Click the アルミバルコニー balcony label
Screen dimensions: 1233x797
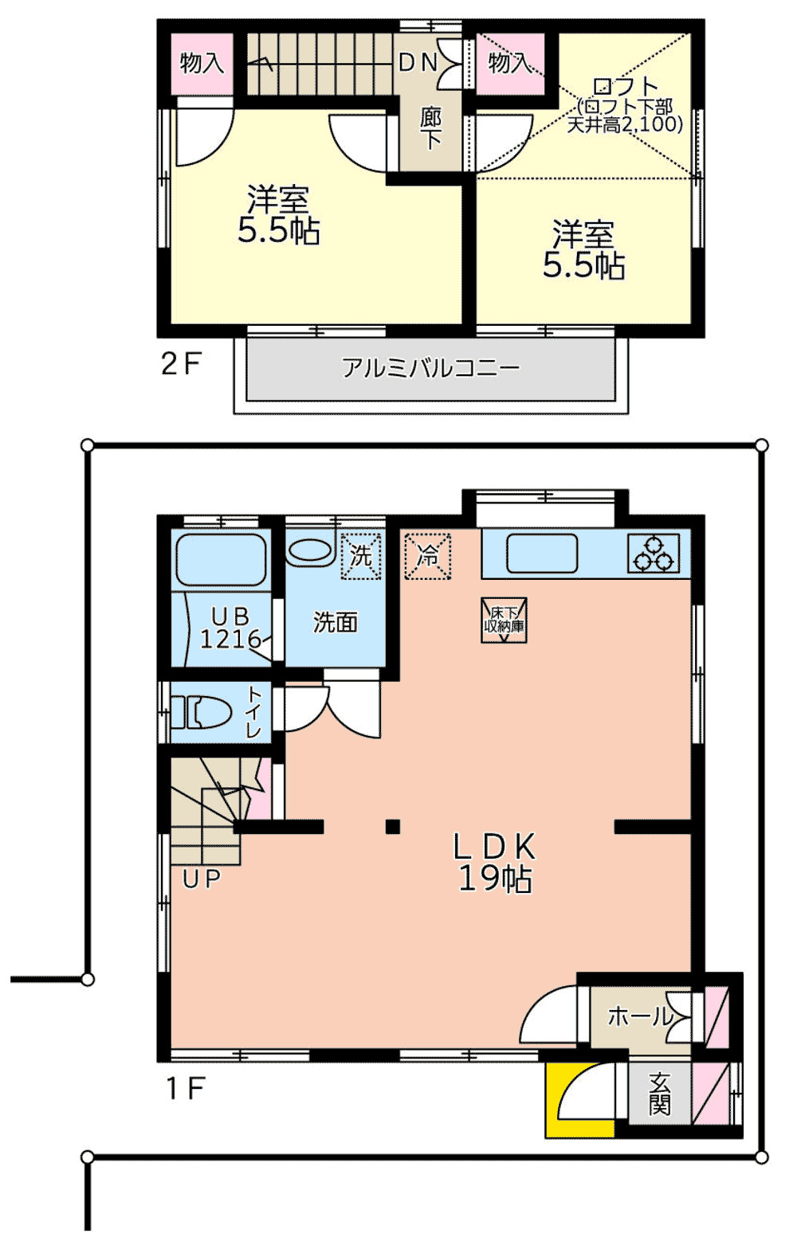coord(430,367)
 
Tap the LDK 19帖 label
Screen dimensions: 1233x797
coord(494,862)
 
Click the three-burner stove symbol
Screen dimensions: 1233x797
coord(653,554)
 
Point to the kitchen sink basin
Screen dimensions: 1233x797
coord(541,554)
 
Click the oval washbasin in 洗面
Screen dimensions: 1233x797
coord(310,551)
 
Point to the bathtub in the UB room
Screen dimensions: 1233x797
coord(220,560)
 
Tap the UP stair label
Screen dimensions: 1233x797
coord(201,879)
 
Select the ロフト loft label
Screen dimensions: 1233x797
coord(626,86)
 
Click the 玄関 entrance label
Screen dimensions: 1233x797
coord(659,1093)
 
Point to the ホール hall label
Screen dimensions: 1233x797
coord(640,1016)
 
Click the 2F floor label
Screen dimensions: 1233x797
coord(180,364)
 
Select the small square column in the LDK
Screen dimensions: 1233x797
coord(392,827)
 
